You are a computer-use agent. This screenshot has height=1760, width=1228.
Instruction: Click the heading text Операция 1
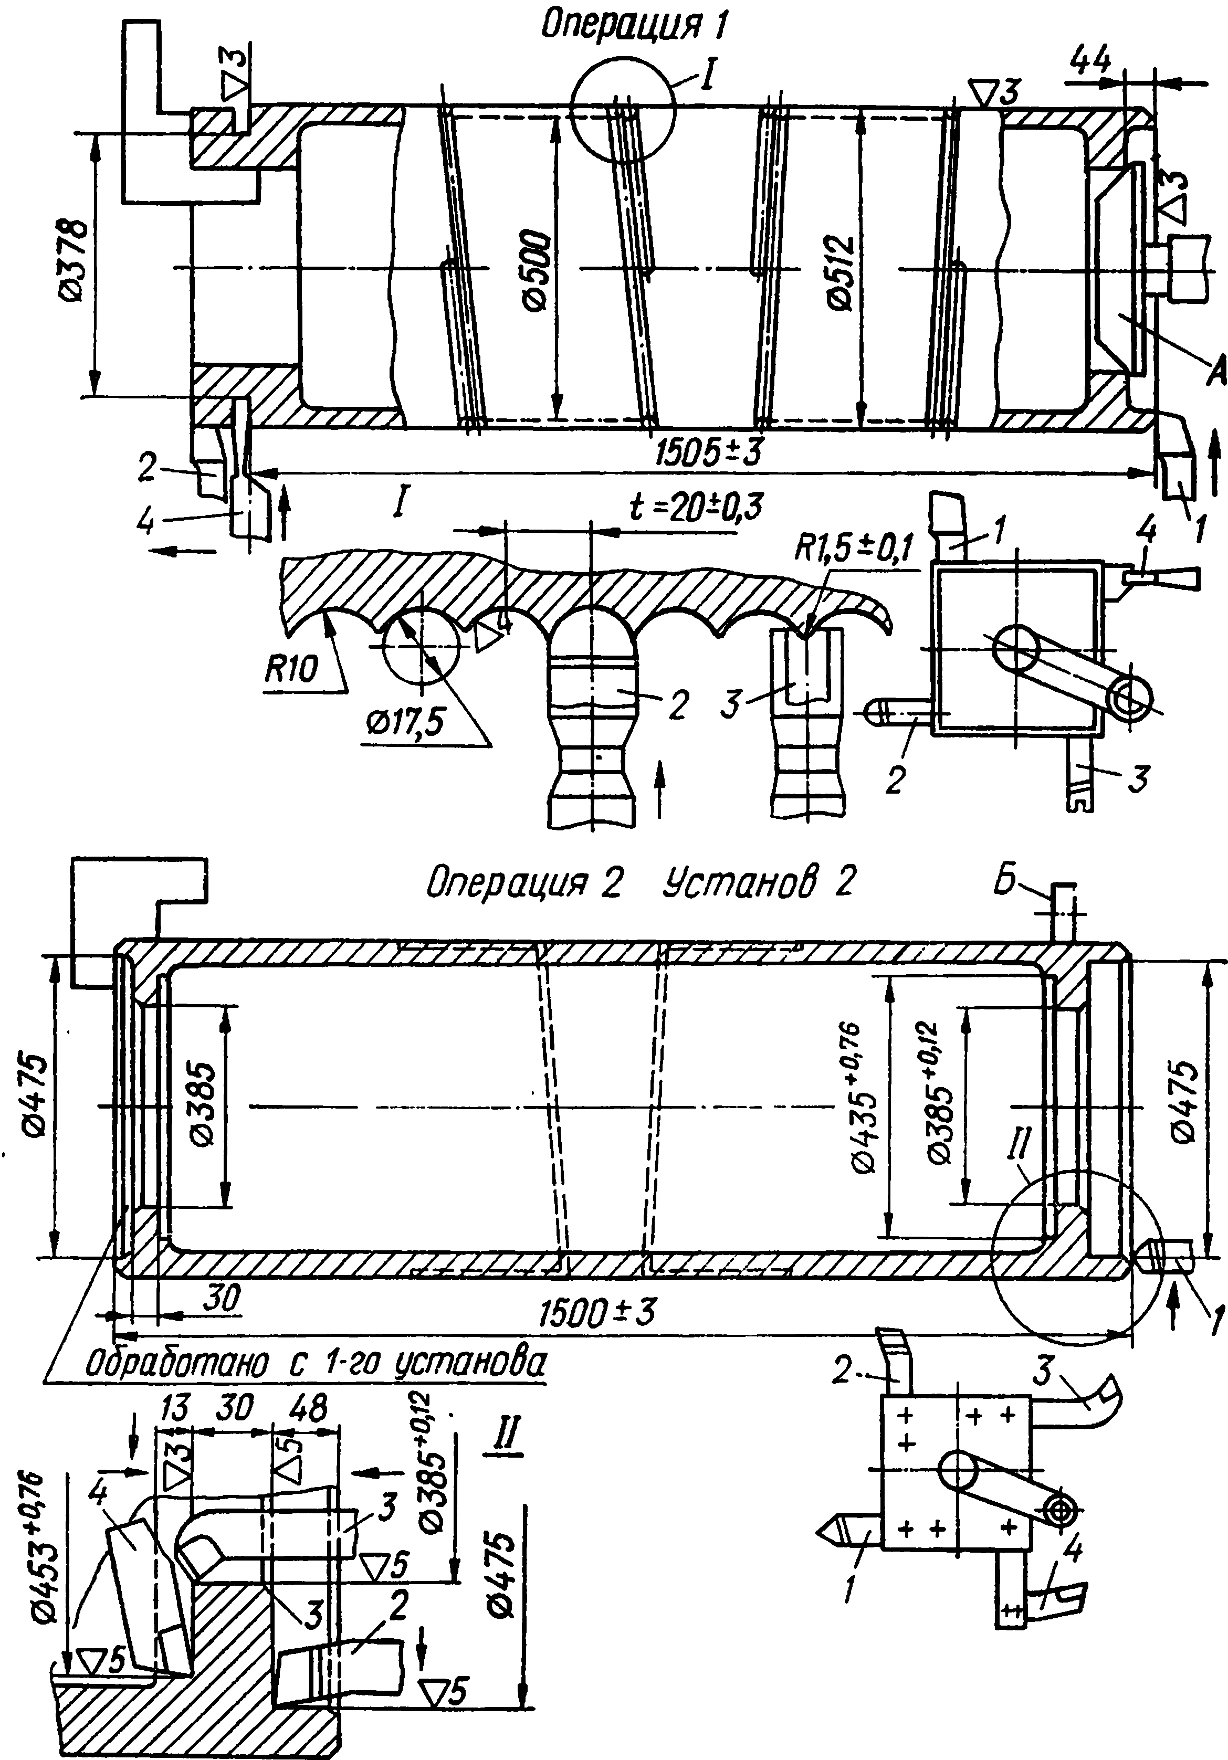(633, 25)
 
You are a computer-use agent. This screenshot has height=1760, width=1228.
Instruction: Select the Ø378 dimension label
(75, 261)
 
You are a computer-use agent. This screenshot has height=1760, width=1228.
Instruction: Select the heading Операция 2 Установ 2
(641, 884)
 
